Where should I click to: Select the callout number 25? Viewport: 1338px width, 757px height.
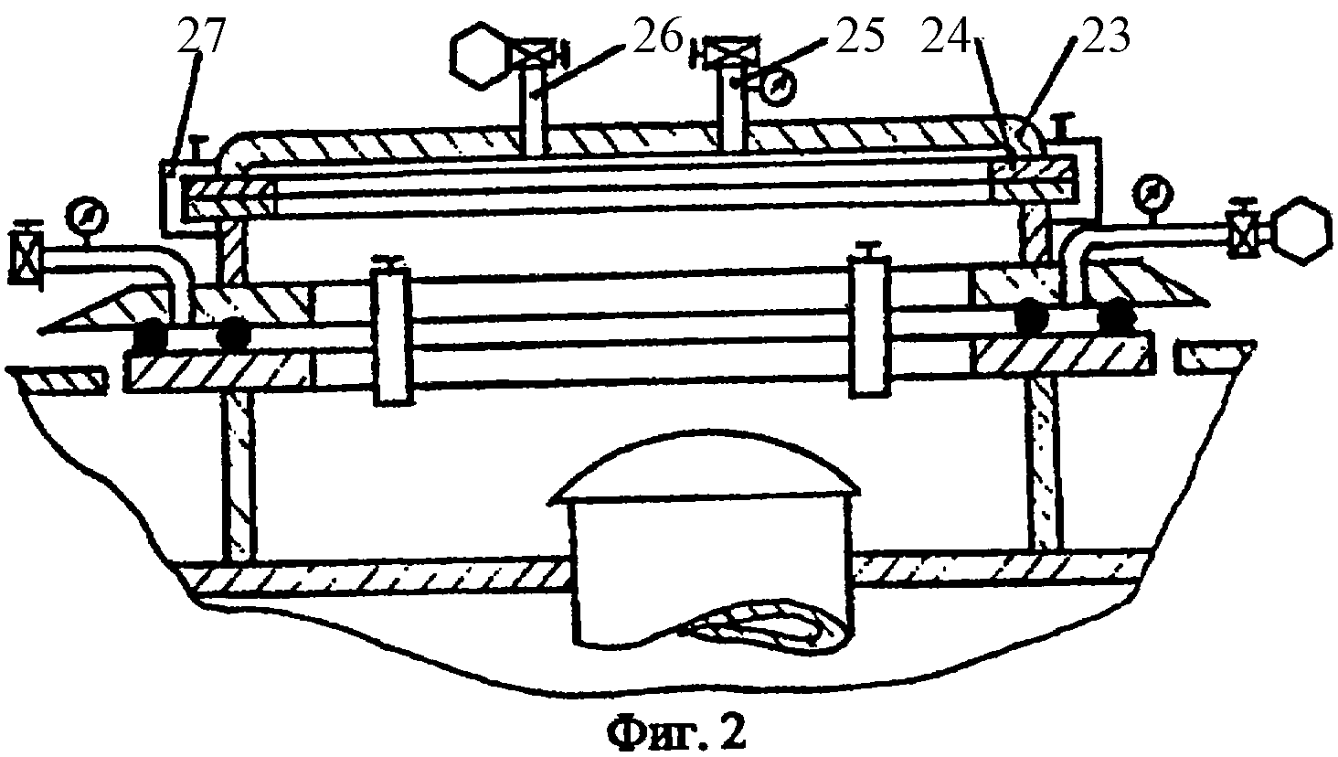[x=854, y=39]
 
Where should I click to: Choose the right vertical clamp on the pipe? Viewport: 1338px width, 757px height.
[x=868, y=326]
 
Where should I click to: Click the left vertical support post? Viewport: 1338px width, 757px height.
[x=239, y=478]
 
